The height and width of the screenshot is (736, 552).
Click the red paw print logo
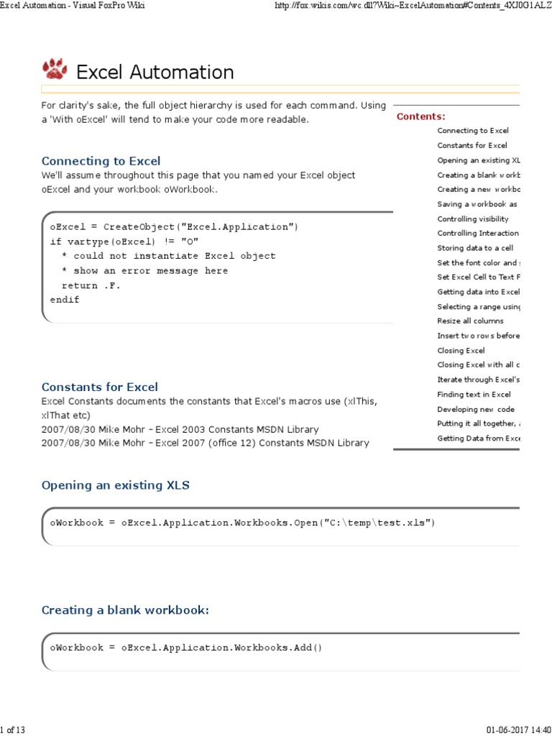click(x=54, y=69)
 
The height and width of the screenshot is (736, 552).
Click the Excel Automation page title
click(x=155, y=73)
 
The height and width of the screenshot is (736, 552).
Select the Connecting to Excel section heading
click(x=101, y=161)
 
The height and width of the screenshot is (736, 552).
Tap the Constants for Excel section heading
click(x=99, y=387)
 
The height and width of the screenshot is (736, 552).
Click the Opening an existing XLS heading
click(x=116, y=485)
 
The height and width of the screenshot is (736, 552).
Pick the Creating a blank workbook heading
click(x=125, y=610)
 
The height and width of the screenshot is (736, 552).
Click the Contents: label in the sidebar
click(x=421, y=116)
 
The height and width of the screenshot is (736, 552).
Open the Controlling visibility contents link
click(x=472, y=218)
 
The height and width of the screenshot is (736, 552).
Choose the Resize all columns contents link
click(x=470, y=321)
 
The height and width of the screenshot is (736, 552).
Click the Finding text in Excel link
click(x=474, y=395)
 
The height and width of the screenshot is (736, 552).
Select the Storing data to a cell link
click(x=475, y=248)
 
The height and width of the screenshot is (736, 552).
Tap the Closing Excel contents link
click(x=461, y=351)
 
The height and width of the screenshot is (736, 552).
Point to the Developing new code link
click(x=476, y=409)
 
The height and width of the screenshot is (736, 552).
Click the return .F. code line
click(x=91, y=285)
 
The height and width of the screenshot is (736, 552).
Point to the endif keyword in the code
click(x=65, y=300)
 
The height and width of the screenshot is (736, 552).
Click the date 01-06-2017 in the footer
click(x=505, y=730)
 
